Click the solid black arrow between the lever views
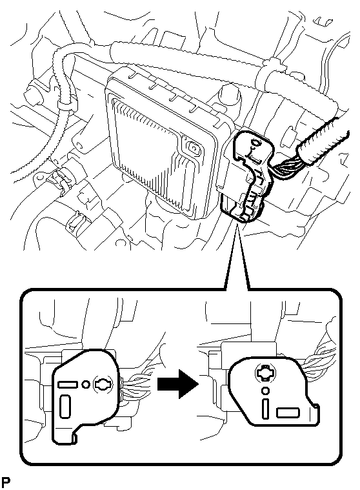click(x=177, y=383)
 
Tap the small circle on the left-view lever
click(x=85, y=383)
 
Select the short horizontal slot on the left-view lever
click(x=68, y=384)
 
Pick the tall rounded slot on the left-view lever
click(x=65, y=406)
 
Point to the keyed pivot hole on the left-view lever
click(x=103, y=383)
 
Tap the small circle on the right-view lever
click(x=266, y=391)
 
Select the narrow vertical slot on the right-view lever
click(x=265, y=409)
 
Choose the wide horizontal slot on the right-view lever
click(x=288, y=413)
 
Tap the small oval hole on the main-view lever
click(x=256, y=143)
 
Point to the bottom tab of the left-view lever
click(x=65, y=437)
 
